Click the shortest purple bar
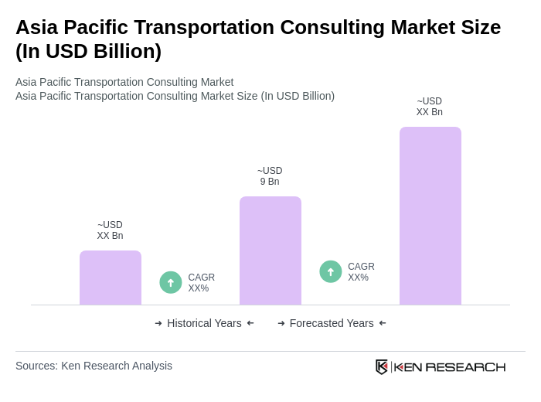pyautogui.click(x=111, y=278)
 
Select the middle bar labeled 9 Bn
pyautogui.click(x=270, y=250)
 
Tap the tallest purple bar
pyautogui.click(x=430, y=216)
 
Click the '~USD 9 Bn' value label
pyautogui.click(x=270, y=176)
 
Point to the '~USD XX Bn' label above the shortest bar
pyautogui.click(x=110, y=230)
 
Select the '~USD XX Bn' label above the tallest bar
pyautogui.click(x=430, y=107)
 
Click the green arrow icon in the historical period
pyautogui.click(x=171, y=282)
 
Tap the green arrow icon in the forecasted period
pyautogui.click(x=331, y=271)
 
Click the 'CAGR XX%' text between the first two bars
pyautogui.click(x=201, y=283)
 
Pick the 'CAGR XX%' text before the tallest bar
pyautogui.click(x=361, y=272)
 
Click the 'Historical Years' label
pyautogui.click(x=204, y=323)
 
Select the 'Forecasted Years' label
pyautogui.click(x=332, y=323)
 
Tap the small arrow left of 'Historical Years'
pyautogui.click(x=158, y=323)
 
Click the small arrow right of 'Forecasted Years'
pyautogui.click(x=383, y=323)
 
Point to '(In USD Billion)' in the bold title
pyautogui.click(x=88, y=51)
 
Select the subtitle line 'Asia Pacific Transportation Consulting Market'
pyautogui.click(x=124, y=82)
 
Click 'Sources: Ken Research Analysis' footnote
pyautogui.click(x=94, y=366)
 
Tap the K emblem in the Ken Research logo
pyautogui.click(x=381, y=366)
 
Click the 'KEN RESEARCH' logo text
pyautogui.click(x=450, y=366)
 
